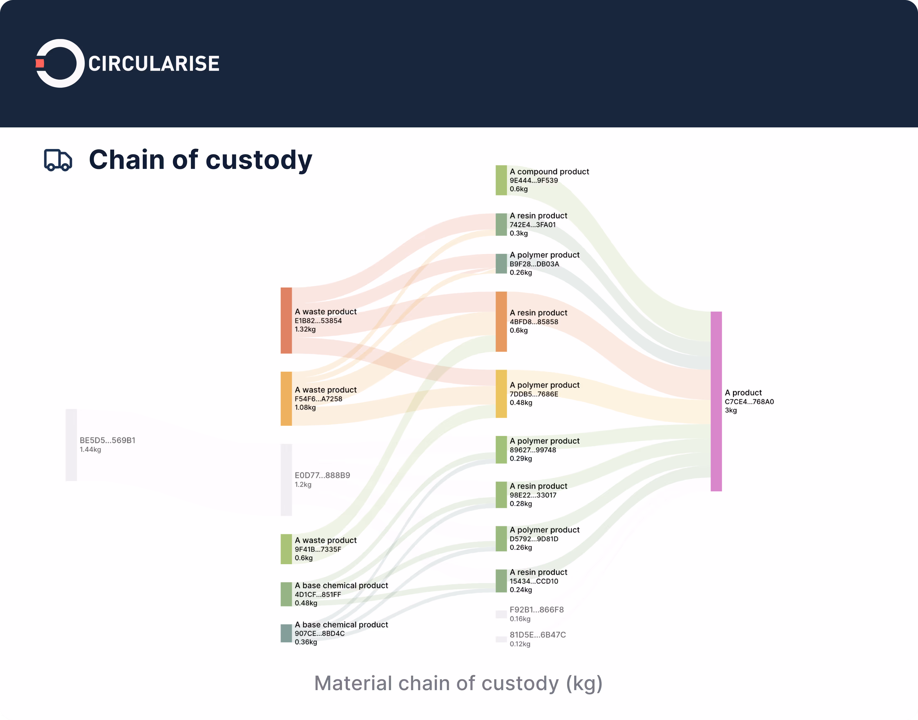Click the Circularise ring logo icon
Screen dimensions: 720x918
point(60,63)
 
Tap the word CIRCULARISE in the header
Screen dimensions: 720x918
point(154,64)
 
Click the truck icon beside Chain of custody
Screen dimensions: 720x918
point(58,160)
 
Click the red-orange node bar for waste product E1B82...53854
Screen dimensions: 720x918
point(286,320)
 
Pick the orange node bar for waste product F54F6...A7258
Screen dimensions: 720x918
point(286,398)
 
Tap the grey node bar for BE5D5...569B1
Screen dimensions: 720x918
point(71,445)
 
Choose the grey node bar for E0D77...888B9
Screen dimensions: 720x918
point(286,480)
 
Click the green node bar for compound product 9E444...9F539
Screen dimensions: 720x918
point(501,180)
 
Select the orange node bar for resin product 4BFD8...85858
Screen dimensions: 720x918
point(501,321)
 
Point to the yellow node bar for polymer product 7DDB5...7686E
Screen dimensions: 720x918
point(501,394)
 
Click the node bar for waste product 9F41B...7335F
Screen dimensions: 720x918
point(286,549)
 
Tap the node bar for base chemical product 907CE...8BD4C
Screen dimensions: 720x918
point(286,633)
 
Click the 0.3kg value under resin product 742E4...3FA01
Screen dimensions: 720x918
point(518,233)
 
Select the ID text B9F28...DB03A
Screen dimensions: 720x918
point(534,264)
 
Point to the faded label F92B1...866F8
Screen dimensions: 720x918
point(536,610)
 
